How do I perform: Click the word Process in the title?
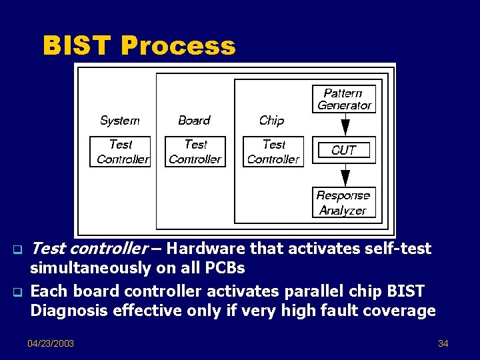178,46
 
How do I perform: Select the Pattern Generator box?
344,99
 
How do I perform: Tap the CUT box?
344,150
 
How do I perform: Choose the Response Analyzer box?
343,203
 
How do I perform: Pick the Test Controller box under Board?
195,151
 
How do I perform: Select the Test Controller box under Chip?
273,151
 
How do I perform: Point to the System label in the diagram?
119,121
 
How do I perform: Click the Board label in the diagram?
194,121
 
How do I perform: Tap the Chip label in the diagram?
271,121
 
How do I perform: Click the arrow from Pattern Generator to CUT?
345,124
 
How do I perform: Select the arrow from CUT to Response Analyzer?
345,175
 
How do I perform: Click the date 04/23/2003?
51,343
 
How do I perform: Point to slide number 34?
443,343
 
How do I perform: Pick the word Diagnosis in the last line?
65,311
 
